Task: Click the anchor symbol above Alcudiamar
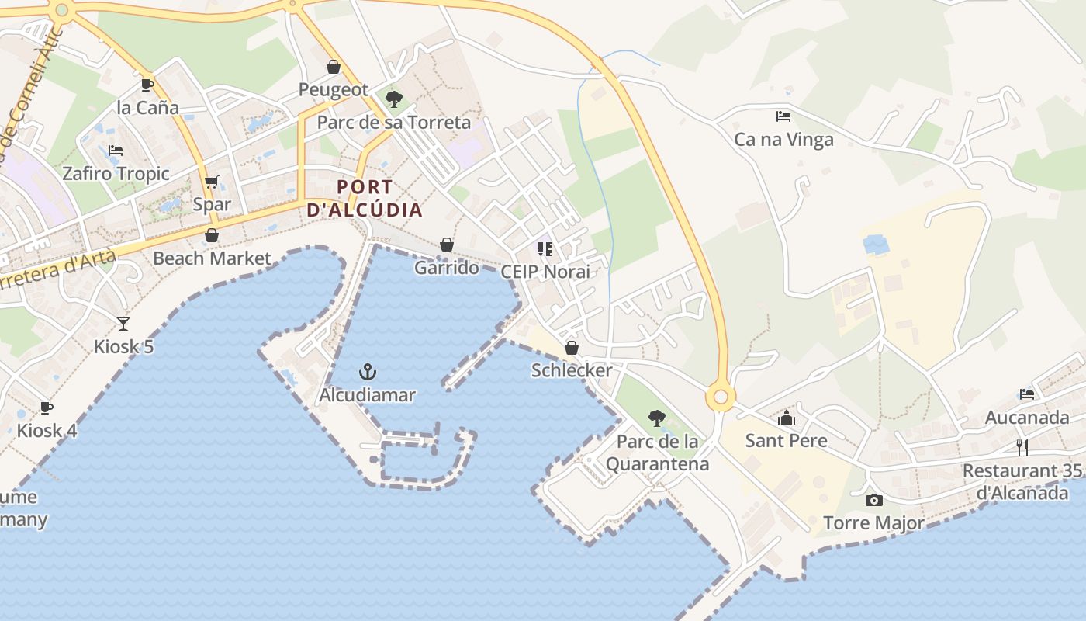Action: point(368,372)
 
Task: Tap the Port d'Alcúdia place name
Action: point(365,199)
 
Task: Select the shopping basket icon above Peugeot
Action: point(334,68)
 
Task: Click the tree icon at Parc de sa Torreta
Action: point(394,99)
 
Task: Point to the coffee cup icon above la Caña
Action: point(147,85)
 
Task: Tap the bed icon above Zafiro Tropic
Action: point(116,150)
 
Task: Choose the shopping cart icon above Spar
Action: point(212,182)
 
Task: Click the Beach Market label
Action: point(212,258)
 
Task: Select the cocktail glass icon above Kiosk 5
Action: point(123,323)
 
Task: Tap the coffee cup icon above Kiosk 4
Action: point(47,408)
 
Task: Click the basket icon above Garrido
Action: point(447,245)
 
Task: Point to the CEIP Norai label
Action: point(545,272)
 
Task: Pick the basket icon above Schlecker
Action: point(572,348)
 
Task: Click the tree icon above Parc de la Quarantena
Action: point(657,418)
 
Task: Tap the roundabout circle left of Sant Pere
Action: point(721,397)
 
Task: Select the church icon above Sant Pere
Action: point(787,418)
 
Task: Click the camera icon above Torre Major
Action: point(874,501)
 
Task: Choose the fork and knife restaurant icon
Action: point(1022,447)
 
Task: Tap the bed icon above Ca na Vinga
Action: point(783,116)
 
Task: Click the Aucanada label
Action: point(1026,418)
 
